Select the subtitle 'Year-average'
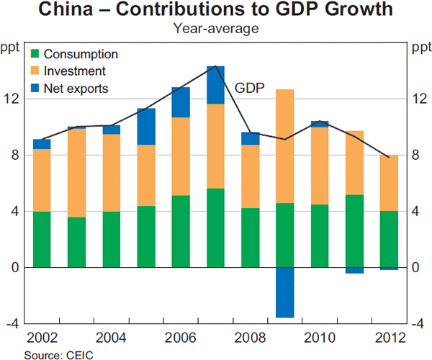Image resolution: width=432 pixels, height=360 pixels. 216,29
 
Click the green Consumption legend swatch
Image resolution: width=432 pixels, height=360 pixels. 35,54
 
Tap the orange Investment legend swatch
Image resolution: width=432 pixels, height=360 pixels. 35,71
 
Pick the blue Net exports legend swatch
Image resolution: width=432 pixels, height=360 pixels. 35,89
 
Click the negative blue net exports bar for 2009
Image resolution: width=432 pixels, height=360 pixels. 284,292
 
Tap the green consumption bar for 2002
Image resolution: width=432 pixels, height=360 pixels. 42,239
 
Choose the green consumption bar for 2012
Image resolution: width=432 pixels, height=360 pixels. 389,239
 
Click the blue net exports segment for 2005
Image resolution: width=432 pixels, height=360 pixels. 146,126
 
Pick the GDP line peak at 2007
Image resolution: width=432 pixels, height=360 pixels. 215,66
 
